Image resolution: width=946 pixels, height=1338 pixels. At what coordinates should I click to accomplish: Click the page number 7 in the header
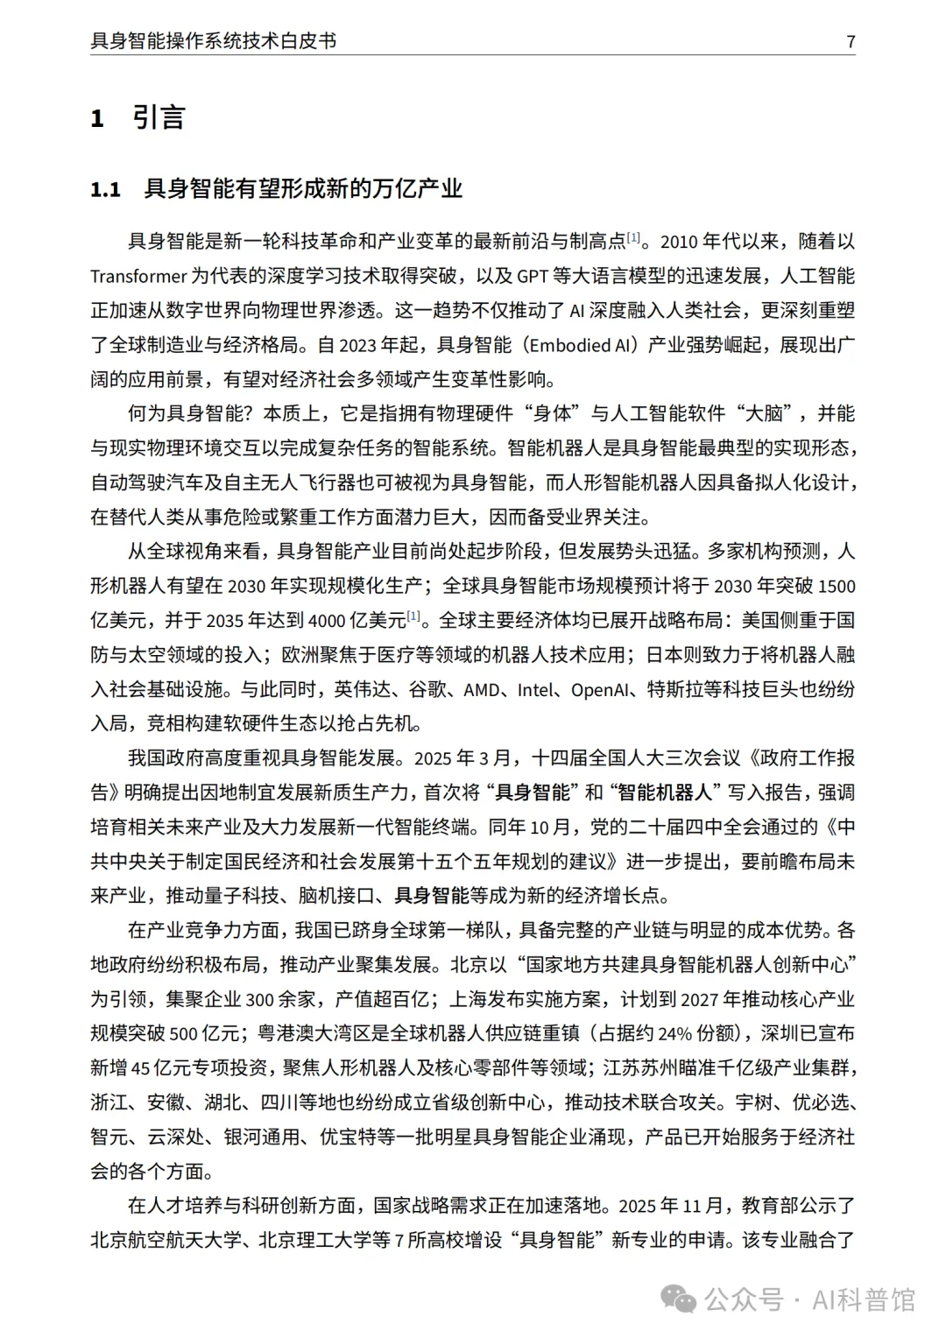851,41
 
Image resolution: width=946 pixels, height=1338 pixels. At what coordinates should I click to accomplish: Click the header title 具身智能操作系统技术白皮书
213,41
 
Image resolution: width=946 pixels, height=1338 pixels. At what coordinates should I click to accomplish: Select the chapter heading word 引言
159,117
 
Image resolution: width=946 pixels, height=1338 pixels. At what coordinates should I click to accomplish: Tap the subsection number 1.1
105,189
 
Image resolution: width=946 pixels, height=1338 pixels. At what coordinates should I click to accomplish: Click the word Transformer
138,277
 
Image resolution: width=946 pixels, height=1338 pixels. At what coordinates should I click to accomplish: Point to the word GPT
532,277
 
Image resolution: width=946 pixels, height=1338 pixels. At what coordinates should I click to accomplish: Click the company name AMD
482,690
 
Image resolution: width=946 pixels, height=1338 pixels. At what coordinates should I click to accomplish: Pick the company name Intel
537,690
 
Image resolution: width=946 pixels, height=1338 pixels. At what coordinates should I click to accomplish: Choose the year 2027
700,1000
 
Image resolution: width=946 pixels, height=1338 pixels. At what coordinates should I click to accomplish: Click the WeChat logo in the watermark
681,1299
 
